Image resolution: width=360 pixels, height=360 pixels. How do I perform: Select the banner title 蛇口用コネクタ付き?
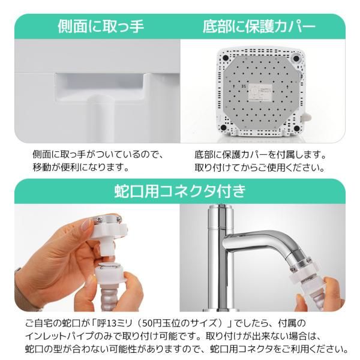(x=180, y=192)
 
